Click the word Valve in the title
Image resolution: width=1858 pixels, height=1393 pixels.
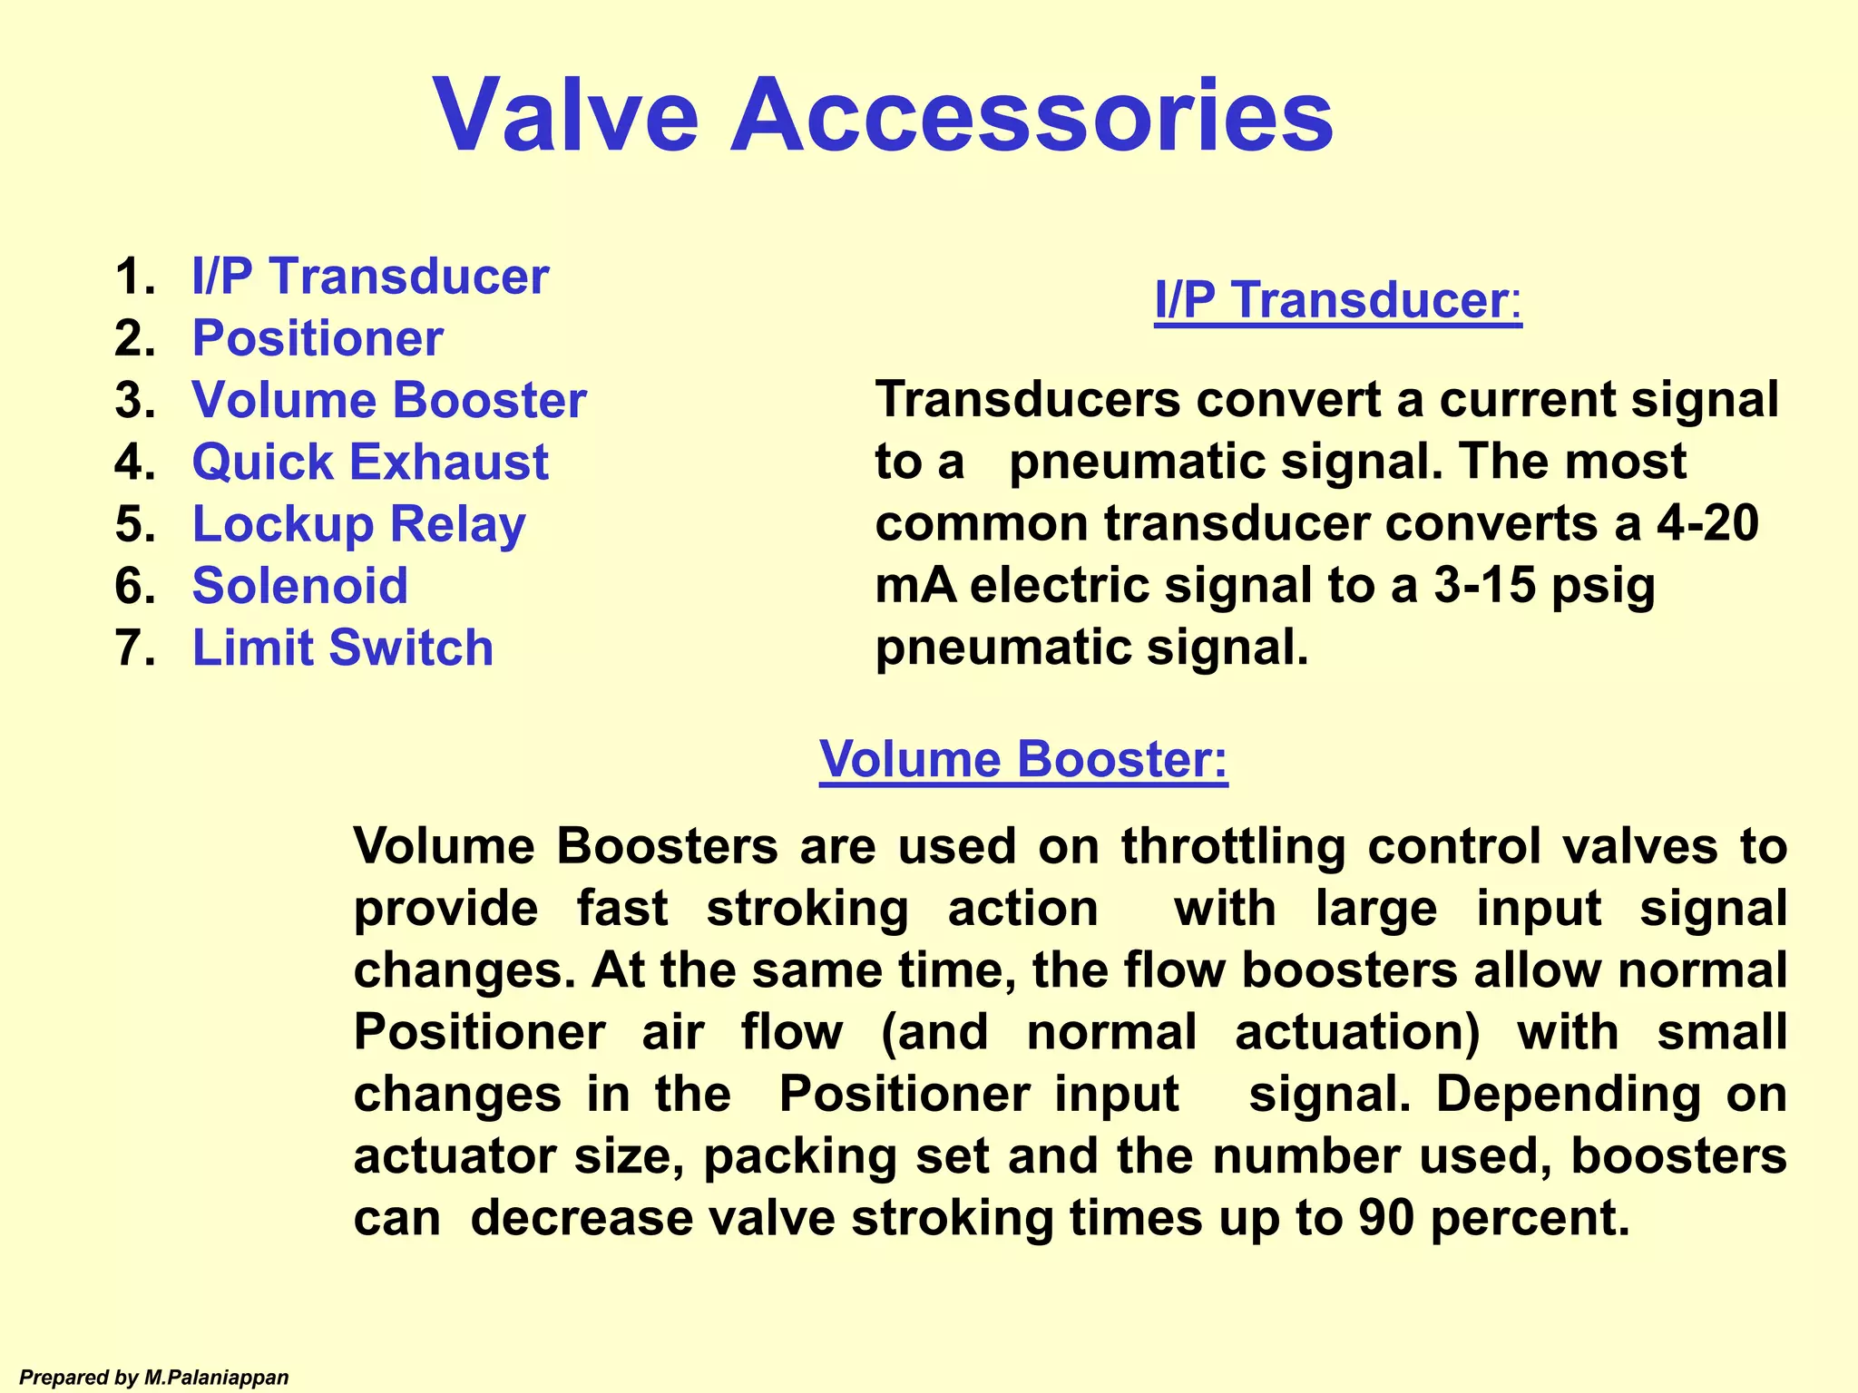coord(567,116)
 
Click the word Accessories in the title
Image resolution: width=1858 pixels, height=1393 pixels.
coord(1032,116)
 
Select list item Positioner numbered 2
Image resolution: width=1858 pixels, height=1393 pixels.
coord(318,338)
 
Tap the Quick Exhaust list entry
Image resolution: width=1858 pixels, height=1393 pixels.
coord(370,463)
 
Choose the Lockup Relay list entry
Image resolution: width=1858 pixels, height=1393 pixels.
coord(358,525)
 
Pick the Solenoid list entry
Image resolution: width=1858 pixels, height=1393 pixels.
coord(300,586)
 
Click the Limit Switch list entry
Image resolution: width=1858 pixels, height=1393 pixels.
coord(343,648)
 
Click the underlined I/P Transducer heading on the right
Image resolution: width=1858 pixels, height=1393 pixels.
coord(1337,300)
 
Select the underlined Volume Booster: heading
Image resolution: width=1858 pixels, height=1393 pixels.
coord(1023,759)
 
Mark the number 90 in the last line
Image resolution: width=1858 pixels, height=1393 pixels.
coord(1386,1218)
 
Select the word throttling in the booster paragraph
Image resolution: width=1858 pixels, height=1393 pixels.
coord(1233,847)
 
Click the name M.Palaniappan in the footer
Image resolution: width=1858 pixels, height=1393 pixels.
coord(216,1378)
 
